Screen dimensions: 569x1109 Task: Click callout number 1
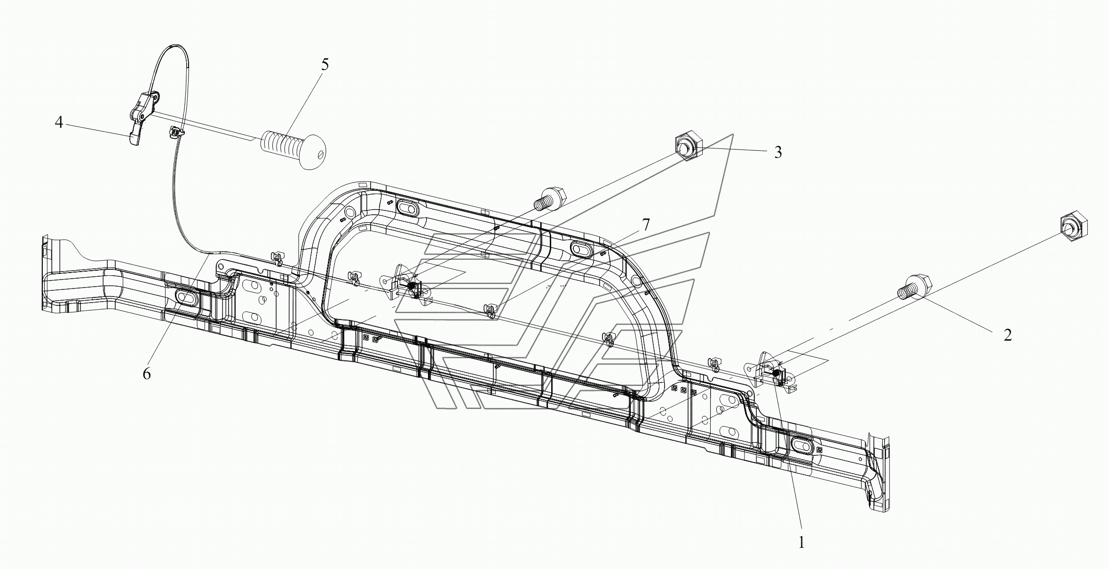(801, 543)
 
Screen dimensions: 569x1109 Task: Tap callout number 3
(778, 152)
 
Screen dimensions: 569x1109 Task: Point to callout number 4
(59, 123)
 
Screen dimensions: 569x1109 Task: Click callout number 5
(325, 65)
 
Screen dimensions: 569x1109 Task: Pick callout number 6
(147, 374)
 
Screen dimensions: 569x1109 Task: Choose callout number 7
(646, 225)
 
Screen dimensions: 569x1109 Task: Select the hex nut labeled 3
(688, 149)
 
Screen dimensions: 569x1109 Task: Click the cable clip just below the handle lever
(174, 132)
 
